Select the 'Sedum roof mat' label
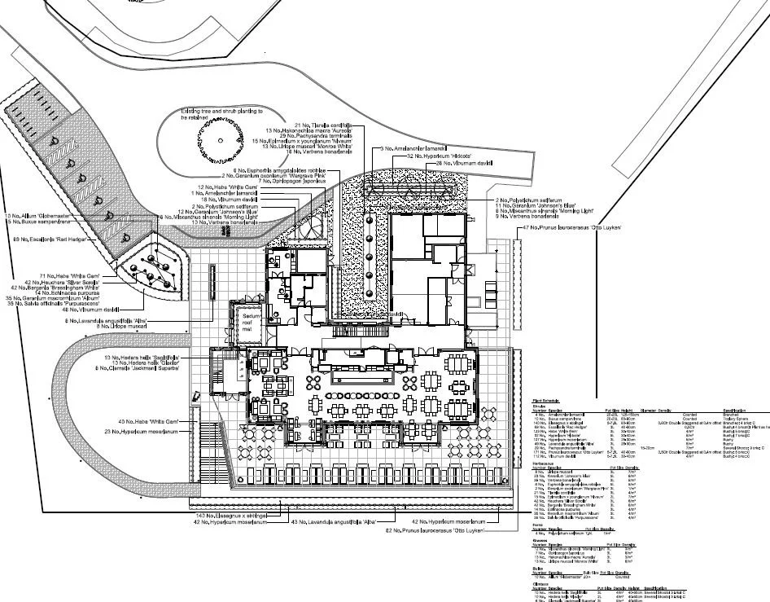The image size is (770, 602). click(x=247, y=323)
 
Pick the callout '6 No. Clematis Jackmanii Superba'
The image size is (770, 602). click(x=143, y=369)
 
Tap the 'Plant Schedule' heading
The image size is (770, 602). click(x=545, y=401)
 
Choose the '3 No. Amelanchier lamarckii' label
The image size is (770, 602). click(x=415, y=149)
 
